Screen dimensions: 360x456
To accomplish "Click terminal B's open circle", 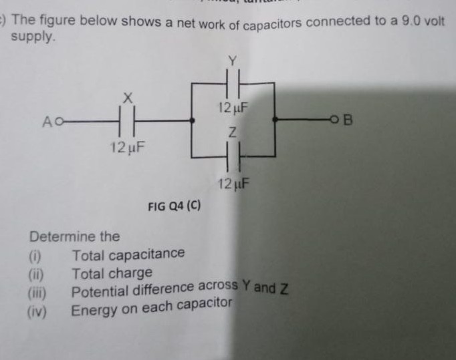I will [342, 121].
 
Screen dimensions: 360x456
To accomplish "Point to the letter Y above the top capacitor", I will [233, 61].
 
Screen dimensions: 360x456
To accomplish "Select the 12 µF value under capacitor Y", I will [233, 107].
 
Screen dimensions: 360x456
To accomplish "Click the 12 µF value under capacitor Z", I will [233, 183].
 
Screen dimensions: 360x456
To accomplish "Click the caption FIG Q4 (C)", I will [174, 207].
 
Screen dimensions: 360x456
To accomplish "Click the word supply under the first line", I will [31, 37].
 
